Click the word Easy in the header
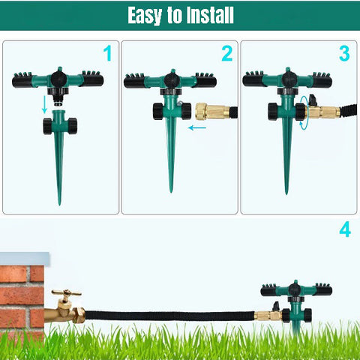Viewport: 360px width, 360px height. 145,16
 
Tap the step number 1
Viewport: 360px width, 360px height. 108,53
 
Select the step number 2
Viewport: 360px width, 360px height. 227,53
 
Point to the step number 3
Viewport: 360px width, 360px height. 344,53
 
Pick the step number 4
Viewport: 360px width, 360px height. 345,229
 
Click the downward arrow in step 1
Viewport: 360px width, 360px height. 45,104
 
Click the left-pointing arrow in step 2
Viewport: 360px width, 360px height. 197,127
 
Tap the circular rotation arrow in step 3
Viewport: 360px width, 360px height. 304,113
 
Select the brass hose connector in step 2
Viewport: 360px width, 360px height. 213,112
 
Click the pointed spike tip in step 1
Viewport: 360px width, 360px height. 59,205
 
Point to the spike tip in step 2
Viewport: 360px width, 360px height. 171,191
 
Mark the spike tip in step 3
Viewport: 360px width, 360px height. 286,193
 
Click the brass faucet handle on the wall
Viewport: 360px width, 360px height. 66,292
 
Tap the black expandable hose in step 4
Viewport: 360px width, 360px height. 169,316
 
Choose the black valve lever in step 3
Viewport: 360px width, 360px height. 313,100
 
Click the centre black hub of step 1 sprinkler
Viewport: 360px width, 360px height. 58,79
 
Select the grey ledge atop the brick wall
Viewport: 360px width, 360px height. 25,259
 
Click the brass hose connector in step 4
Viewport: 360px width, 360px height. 268,315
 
